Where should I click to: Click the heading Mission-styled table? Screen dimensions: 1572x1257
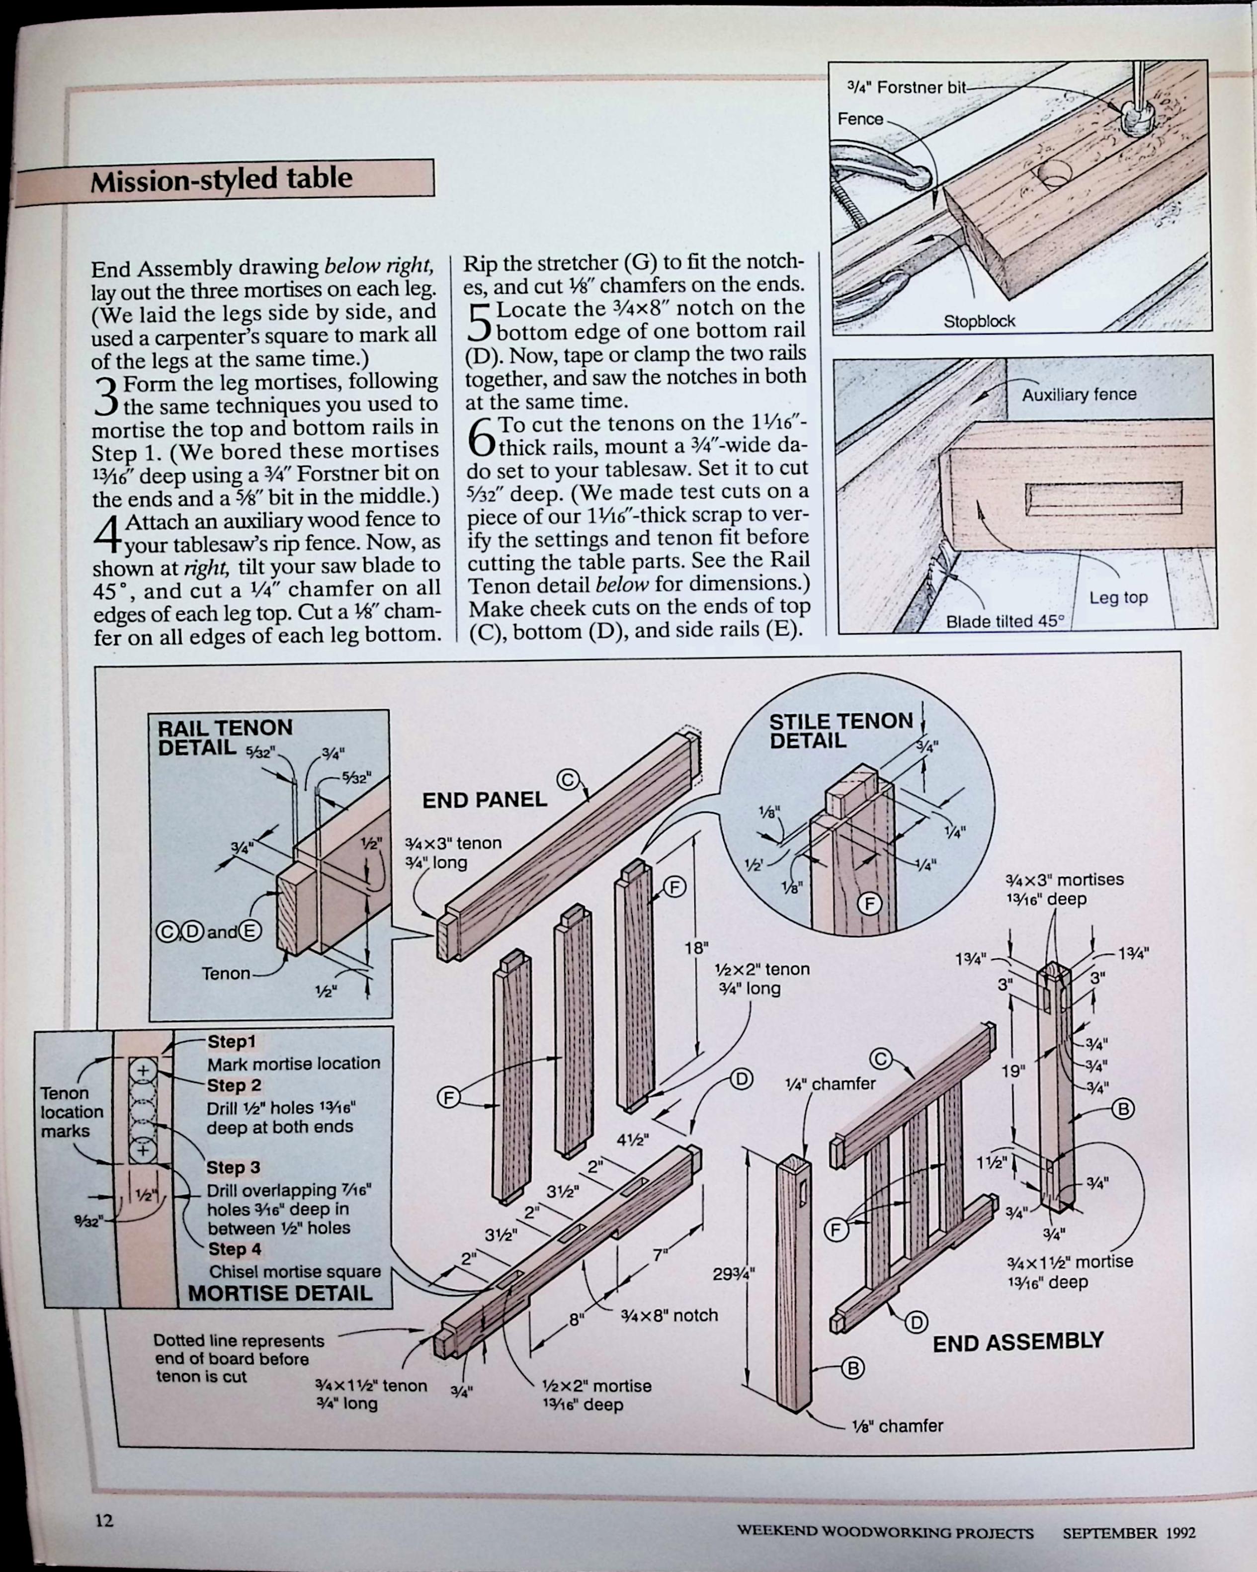click(x=221, y=178)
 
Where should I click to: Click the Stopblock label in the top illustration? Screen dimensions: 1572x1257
click(x=979, y=322)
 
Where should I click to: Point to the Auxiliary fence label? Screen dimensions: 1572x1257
click(x=1079, y=395)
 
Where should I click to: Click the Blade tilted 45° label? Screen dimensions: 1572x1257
click(x=1005, y=622)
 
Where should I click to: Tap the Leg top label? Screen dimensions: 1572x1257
click(x=1118, y=598)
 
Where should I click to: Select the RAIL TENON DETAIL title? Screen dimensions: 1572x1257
click(x=225, y=737)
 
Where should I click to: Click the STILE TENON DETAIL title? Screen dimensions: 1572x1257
click(x=840, y=731)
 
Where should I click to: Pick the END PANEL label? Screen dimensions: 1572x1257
click(x=484, y=800)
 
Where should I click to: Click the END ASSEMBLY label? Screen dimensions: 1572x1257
click(x=1018, y=1341)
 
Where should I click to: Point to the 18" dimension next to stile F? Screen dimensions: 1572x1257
click(x=696, y=948)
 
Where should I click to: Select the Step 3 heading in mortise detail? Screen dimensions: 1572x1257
click(x=233, y=1168)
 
